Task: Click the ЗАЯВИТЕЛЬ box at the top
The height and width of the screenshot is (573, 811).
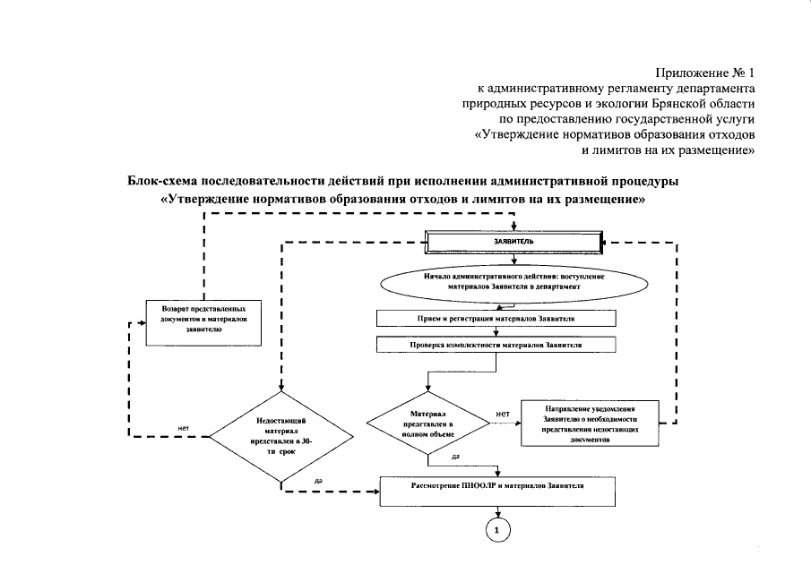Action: coord(514,242)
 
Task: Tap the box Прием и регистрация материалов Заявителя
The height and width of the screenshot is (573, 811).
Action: coord(496,318)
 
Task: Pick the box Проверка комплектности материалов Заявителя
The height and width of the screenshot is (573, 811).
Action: coord(496,344)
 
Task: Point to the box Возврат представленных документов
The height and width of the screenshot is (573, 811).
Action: coord(203,321)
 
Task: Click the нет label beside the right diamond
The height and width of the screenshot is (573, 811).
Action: coord(503,414)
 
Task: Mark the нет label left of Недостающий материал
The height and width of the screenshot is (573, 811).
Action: coord(183,427)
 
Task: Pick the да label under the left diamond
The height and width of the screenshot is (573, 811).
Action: coord(319,482)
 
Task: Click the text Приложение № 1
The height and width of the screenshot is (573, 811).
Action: coord(706,72)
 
